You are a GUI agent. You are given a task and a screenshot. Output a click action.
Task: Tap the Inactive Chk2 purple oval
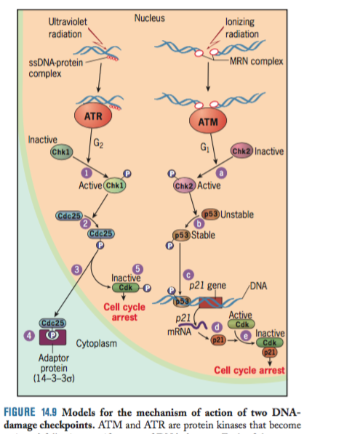click(x=241, y=151)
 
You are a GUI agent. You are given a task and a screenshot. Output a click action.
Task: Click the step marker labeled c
click(x=188, y=274)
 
